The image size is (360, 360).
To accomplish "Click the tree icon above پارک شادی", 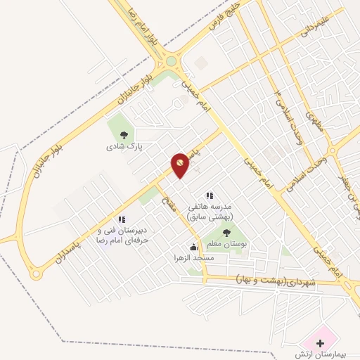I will click(x=124, y=136).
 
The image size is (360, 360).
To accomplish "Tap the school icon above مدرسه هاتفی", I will click(x=209, y=195).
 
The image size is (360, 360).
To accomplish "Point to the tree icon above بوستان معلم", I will click(x=226, y=233).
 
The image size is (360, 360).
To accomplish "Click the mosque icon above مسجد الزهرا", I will click(x=194, y=247).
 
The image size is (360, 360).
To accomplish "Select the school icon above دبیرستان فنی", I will click(x=122, y=219).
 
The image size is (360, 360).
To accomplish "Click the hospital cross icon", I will click(x=321, y=343).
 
